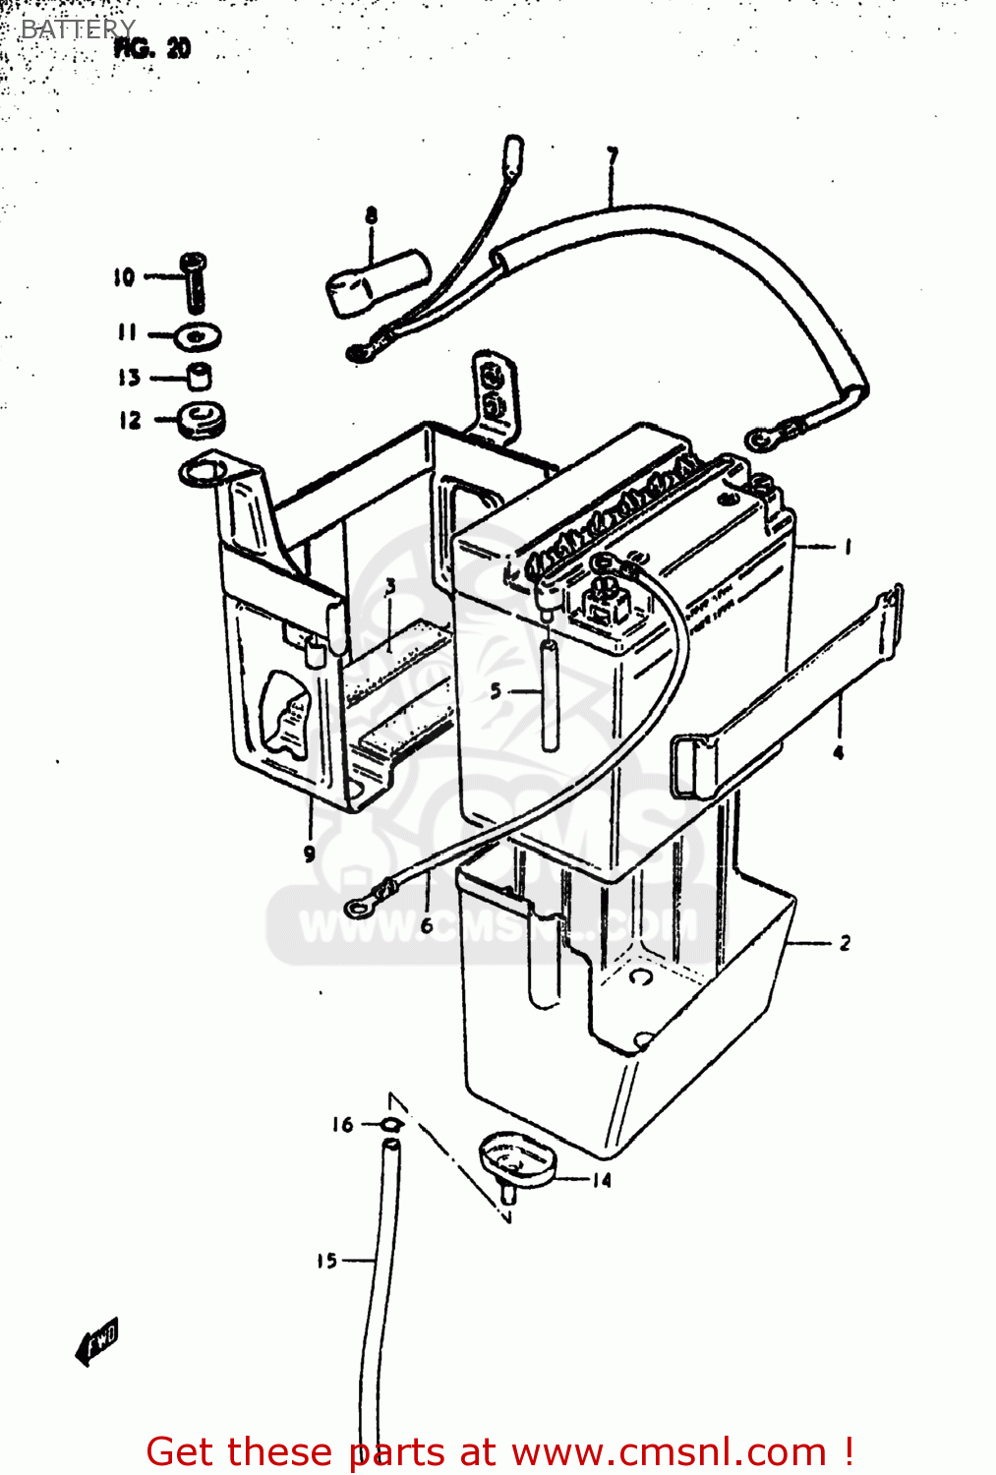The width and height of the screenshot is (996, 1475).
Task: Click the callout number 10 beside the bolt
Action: (124, 277)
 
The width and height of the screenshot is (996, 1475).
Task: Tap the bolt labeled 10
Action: (195, 279)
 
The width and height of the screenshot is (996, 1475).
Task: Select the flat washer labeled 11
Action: (198, 337)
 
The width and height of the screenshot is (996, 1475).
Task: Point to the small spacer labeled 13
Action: (200, 377)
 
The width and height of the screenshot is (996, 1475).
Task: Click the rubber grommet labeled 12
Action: (203, 420)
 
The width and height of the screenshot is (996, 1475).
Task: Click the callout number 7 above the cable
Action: (612, 156)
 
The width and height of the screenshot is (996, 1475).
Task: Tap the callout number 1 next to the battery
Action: (848, 547)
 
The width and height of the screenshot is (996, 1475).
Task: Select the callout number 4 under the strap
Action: (838, 753)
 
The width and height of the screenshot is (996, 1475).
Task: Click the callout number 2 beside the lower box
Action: (845, 943)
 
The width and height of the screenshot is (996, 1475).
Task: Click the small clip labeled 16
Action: (390, 1125)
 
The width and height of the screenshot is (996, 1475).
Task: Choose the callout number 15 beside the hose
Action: (326, 1261)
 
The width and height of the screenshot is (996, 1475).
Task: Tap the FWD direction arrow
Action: (97, 1339)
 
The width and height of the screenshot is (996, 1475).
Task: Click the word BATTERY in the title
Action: (78, 29)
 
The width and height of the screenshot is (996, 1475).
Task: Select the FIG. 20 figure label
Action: (152, 48)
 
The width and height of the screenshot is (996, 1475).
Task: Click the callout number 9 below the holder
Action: (310, 854)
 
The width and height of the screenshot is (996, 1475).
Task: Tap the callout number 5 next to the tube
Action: (497, 691)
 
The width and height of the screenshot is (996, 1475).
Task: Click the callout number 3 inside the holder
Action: (390, 587)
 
